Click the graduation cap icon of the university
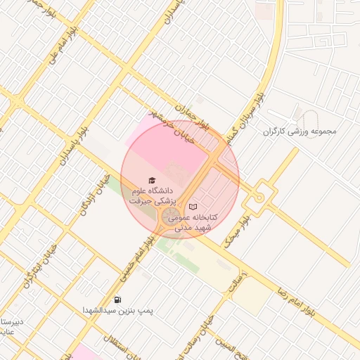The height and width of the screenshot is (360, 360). [150, 180]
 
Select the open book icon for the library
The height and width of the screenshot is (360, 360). [193, 207]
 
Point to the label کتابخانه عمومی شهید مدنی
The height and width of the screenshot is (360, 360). [192, 222]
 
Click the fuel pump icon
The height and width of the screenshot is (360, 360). [117, 299]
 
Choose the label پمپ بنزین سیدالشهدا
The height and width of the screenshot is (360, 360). [117, 309]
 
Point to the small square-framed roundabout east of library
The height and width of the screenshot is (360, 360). [259, 197]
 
